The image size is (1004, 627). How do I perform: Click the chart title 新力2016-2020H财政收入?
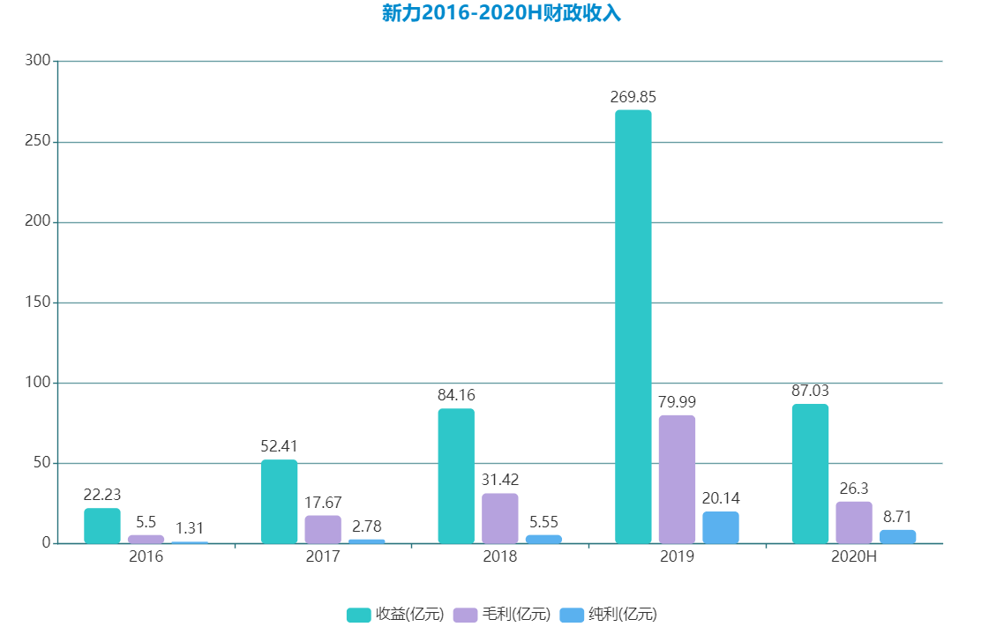[501, 13]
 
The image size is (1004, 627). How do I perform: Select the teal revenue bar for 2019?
[633, 326]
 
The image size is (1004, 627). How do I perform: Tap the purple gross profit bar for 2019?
[677, 479]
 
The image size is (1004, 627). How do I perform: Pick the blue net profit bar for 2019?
[721, 527]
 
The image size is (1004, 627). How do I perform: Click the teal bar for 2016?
[102, 526]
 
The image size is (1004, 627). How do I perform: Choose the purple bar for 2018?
[499, 519]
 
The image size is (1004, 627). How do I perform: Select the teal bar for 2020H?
[810, 474]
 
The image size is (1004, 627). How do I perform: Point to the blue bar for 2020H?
[897, 536]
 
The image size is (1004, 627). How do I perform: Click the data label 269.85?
[633, 97]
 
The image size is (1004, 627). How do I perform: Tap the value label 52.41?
[279, 446]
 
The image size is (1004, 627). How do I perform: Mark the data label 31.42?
[499, 480]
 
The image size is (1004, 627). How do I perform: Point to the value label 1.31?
[190, 528]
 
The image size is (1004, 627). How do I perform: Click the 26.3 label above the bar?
[853, 489]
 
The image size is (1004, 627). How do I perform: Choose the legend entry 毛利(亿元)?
[503, 615]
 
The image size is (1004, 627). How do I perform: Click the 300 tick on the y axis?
[38, 61]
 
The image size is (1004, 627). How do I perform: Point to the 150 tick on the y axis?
[38, 302]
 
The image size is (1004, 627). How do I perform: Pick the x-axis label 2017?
[323, 557]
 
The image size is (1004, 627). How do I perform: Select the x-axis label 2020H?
[854, 557]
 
